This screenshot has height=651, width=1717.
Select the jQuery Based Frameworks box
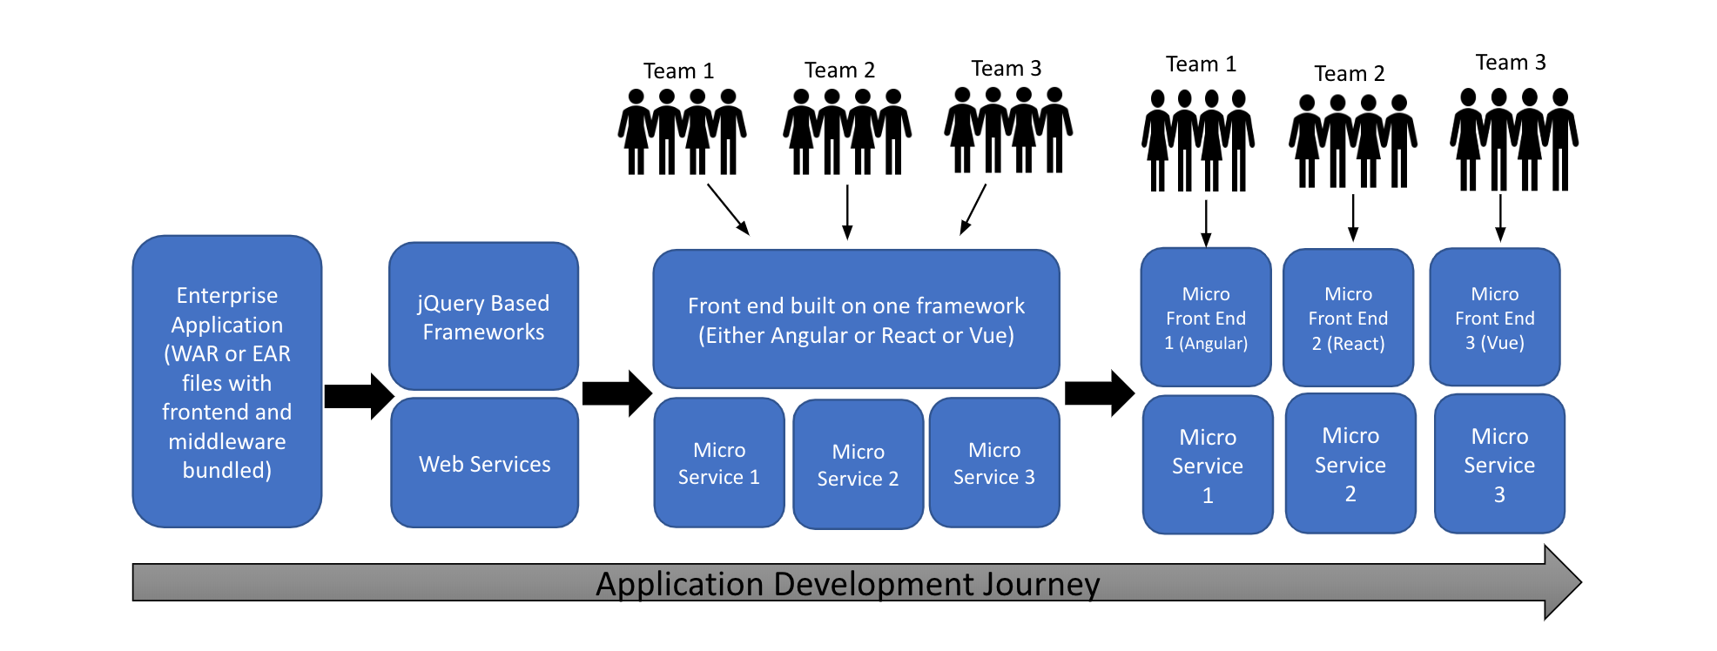(483, 317)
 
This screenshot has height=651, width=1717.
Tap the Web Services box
(484, 464)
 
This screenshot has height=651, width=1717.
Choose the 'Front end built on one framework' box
(856, 319)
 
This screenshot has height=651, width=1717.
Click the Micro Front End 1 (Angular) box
(1206, 318)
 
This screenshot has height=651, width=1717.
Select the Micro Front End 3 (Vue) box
(1494, 318)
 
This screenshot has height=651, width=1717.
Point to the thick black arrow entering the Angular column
(1099, 393)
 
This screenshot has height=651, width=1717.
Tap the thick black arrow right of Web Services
(616, 393)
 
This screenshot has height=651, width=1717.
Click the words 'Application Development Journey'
(847, 584)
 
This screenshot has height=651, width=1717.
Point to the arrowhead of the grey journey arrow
(1562, 582)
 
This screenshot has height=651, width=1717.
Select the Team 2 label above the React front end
(1349, 74)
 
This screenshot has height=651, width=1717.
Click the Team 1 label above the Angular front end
(1201, 64)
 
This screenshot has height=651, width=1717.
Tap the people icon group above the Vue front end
(1513, 139)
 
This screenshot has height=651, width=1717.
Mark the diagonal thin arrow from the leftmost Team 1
(728, 209)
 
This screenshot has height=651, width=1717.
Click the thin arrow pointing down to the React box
(1353, 218)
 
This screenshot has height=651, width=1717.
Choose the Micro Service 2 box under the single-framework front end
(858, 465)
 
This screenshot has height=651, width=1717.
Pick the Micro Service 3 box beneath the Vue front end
(1499, 465)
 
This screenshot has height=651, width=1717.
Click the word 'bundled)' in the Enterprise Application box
(226, 471)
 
